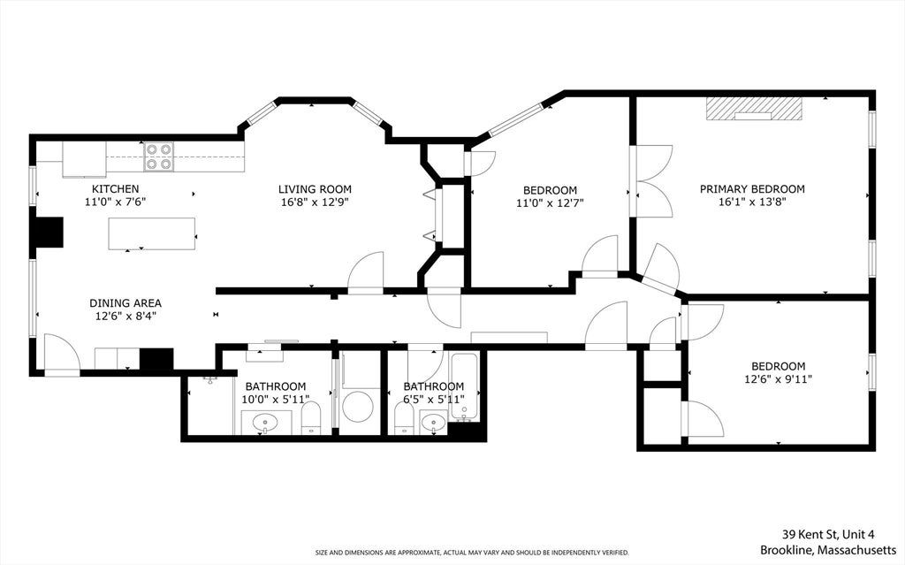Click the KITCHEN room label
coord(116,189)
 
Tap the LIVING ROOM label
coord(315,189)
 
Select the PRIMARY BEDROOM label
coord(752,189)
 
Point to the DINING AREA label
coord(125,303)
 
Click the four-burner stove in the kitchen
coord(159,157)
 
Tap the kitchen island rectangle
coord(152,234)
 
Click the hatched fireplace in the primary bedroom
coord(753,109)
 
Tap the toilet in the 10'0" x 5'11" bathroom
coord(311,418)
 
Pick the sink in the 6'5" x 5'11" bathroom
coord(433,423)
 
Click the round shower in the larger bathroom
coord(358,406)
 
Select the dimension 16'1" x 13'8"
coord(752,202)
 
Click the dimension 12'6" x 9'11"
coord(778,379)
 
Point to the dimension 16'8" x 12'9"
coord(315,202)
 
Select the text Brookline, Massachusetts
coord(828,549)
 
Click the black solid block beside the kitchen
coord(49,233)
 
